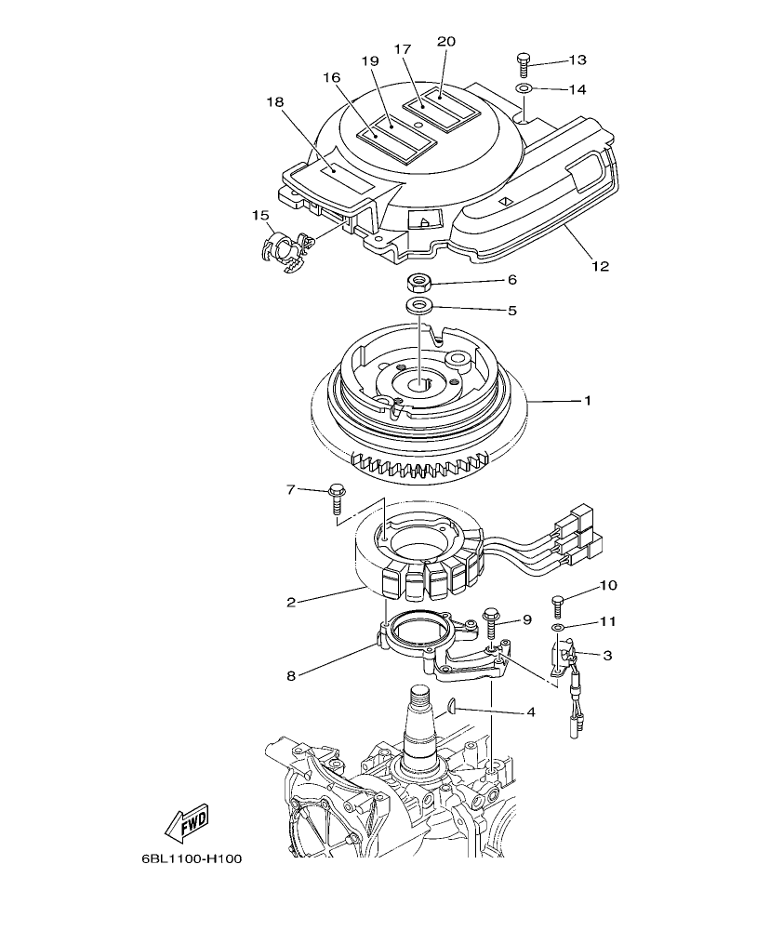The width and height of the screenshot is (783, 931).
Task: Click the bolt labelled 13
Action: (523, 62)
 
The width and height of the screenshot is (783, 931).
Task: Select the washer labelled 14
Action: (524, 88)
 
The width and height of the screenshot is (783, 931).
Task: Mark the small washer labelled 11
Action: (557, 629)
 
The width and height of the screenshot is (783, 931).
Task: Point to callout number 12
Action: (600, 266)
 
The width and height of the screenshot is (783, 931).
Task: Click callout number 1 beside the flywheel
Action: (587, 401)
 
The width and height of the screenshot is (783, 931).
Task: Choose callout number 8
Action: (291, 676)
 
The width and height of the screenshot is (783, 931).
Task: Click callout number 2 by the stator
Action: (291, 602)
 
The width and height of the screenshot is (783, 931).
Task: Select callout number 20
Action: (445, 41)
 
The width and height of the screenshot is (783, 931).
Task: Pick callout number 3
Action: (607, 656)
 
